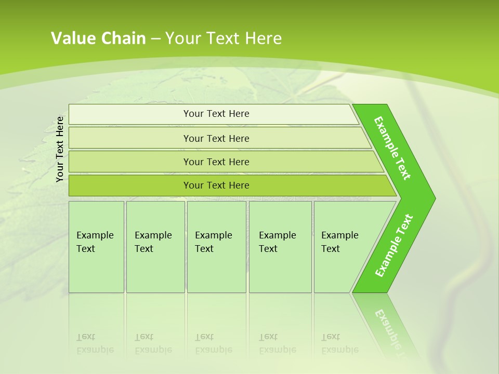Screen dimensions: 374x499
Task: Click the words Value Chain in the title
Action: coord(98,38)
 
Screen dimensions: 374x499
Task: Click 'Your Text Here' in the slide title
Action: coord(224,38)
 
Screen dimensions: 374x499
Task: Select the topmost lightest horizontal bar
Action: coord(216,114)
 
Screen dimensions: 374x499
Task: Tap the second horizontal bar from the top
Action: coord(216,138)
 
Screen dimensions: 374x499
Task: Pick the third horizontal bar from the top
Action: coord(216,162)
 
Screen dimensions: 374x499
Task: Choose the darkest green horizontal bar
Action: coord(216,185)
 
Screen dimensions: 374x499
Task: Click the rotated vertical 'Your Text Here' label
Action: coord(60,149)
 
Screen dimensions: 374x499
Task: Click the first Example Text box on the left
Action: coord(96,247)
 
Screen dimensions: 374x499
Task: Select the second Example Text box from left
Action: coord(155,247)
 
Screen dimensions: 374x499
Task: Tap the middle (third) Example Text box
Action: coord(216,247)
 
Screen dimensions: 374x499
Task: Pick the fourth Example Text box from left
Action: coord(280,247)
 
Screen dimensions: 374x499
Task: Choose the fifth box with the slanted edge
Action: coord(343,247)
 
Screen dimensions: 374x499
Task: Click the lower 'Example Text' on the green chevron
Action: coord(394,246)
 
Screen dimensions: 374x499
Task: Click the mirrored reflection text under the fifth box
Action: coord(339,343)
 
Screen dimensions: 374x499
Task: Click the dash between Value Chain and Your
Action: coord(155,39)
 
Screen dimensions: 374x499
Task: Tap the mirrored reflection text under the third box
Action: coord(213,343)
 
